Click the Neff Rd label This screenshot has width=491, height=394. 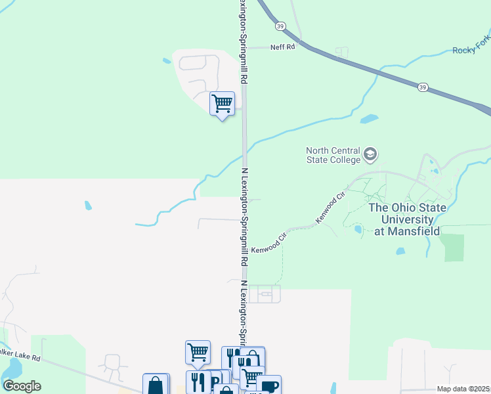pyautogui.click(x=283, y=47)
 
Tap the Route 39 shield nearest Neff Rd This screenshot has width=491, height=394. pyautogui.click(x=281, y=26)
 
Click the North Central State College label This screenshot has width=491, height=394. pyautogui.click(x=333, y=155)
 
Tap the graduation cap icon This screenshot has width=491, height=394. pyautogui.click(x=370, y=154)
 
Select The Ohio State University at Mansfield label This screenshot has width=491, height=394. pyautogui.click(x=407, y=219)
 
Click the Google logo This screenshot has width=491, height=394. pyautogui.click(x=22, y=386)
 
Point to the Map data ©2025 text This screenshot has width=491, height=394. pyautogui.click(x=462, y=389)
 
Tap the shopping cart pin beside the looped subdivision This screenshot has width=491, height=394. pyautogui.click(x=222, y=103)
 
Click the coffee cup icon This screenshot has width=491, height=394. pyautogui.click(x=268, y=385)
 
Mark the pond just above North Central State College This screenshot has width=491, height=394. pyautogui.click(x=369, y=120)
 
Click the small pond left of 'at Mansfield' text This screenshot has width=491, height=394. pyautogui.click(x=358, y=229)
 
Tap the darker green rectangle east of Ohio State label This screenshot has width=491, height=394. pyautogui.click(x=452, y=247)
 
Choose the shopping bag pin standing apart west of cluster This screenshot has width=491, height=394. pyautogui.click(x=156, y=385)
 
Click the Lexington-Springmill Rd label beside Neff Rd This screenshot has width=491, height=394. pyautogui.click(x=243, y=41)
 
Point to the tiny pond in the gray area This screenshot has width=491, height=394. pyautogui.click(x=88, y=206)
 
